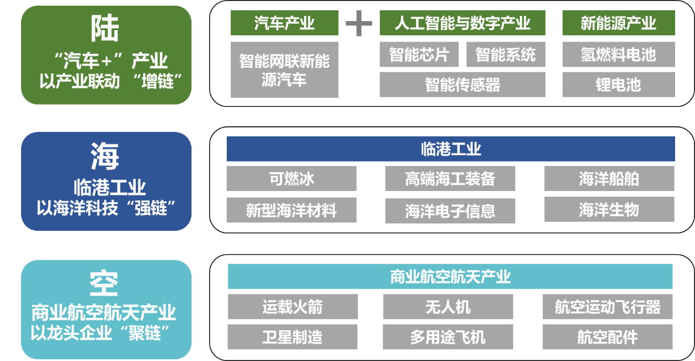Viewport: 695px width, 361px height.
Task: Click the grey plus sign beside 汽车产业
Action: [x=359, y=23]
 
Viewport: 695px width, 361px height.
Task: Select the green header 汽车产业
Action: [x=284, y=23]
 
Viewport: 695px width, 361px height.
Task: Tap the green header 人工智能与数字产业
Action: [x=462, y=23]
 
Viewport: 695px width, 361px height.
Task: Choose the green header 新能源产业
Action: [x=618, y=23]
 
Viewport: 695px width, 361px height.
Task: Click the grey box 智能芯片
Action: [x=419, y=55]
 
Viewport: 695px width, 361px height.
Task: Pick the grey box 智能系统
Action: [x=505, y=55]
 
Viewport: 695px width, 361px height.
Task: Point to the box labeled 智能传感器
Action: [x=462, y=85]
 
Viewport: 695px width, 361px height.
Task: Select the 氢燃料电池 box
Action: [x=618, y=55]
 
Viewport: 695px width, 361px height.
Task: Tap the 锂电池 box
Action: [x=618, y=85]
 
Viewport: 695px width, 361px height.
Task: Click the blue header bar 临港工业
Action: [x=451, y=149]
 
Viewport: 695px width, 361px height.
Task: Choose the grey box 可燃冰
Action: [x=292, y=179]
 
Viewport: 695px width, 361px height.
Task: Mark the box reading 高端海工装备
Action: [x=450, y=179]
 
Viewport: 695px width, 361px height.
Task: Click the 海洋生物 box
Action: [x=609, y=210]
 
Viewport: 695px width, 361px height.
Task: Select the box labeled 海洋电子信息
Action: [x=450, y=211]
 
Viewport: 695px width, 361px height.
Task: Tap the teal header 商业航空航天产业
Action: [x=450, y=277]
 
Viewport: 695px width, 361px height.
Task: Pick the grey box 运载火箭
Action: [x=293, y=307]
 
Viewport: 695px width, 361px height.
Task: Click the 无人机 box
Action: [x=448, y=307]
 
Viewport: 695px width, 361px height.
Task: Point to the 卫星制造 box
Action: [x=293, y=337]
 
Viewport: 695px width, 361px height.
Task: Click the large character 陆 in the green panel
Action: [x=105, y=28]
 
